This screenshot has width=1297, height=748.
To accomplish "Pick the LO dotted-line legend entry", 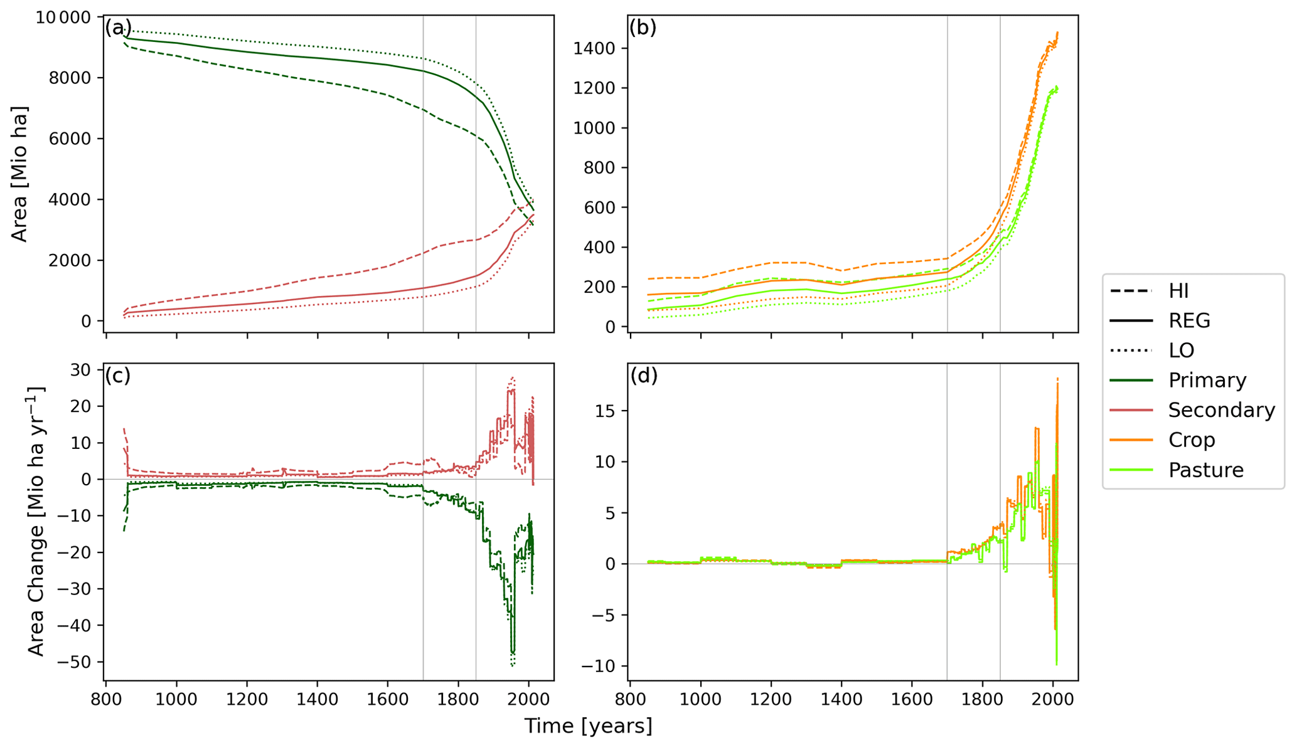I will pyautogui.click(x=1180, y=350).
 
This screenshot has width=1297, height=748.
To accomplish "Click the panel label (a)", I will pyautogui.click(x=118, y=28).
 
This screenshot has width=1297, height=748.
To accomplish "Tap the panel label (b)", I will pyautogui.click(x=643, y=28).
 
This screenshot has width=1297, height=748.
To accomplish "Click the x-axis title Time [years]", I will pyautogui.click(x=588, y=726).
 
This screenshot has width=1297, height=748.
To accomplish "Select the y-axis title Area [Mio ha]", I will pyautogui.click(x=19, y=174).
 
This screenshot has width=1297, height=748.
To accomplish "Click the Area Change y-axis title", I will pyautogui.click(x=36, y=522).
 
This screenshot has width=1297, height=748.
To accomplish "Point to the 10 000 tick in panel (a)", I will pyautogui.click(x=63, y=17).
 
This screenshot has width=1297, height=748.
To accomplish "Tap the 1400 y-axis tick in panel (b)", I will pyautogui.click(x=595, y=48).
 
